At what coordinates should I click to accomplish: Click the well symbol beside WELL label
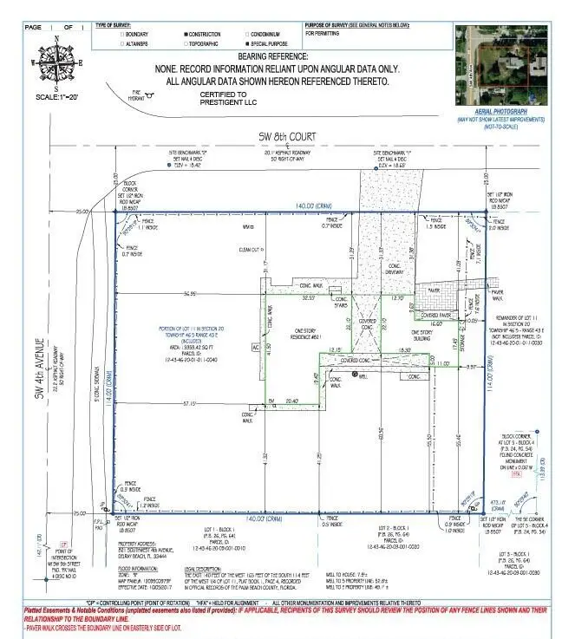(356, 375)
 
